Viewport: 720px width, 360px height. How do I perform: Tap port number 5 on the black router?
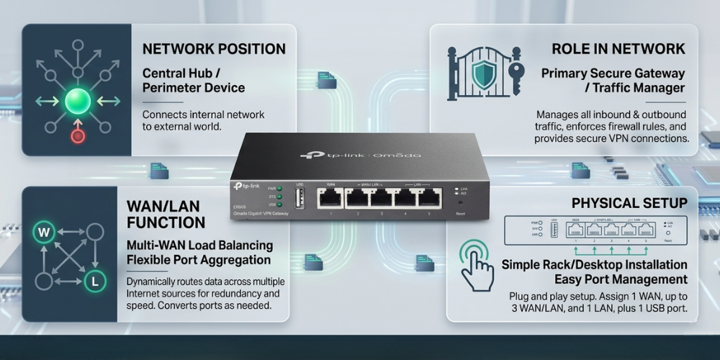(x=430, y=197)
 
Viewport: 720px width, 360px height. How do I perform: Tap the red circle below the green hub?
(x=77, y=135)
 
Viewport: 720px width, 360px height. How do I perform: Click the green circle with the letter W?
(x=42, y=233)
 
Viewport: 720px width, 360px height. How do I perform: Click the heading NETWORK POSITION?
(x=214, y=49)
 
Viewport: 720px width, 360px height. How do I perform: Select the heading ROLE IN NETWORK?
(x=618, y=49)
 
